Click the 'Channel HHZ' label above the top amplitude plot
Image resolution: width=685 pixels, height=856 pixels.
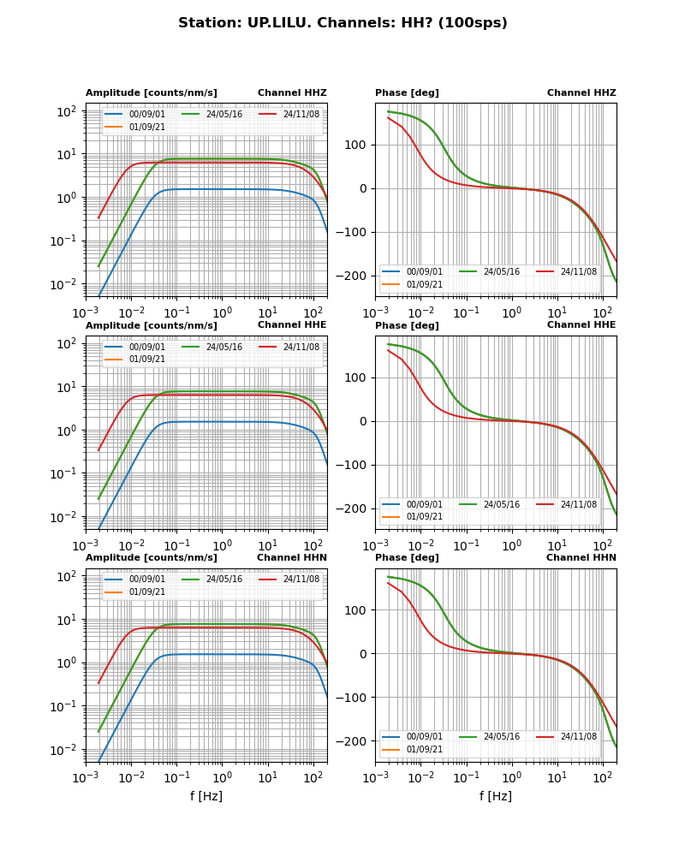292,93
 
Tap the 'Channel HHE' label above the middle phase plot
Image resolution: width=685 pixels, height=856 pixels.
581,325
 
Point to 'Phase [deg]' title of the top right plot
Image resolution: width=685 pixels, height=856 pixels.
407,93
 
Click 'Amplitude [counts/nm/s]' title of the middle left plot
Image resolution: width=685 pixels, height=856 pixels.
152,326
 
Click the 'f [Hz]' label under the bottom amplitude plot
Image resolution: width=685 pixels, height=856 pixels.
206,797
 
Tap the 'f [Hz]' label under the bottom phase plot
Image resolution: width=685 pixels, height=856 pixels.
496,797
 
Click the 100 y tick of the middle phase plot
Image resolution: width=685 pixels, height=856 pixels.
358,378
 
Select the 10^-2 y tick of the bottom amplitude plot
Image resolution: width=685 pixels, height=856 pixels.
67,751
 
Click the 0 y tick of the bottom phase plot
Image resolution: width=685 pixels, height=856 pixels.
365,654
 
